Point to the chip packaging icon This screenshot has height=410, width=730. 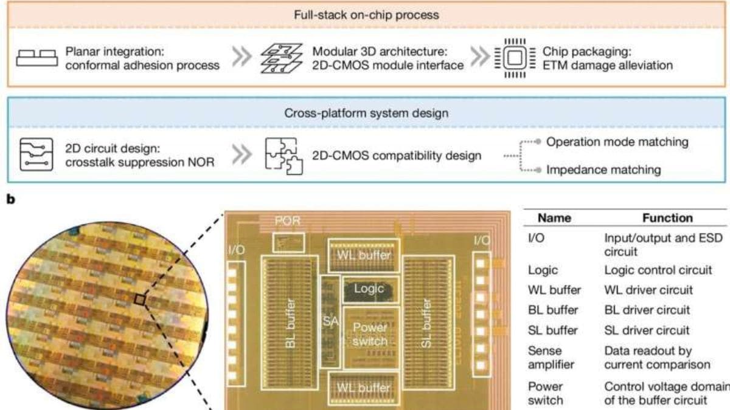[513, 59]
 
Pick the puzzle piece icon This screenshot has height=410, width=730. [281, 156]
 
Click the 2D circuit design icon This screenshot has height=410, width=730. [35, 156]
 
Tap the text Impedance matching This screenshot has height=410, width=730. [603, 169]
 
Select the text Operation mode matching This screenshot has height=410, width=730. [617, 142]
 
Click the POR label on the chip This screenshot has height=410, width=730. [287, 221]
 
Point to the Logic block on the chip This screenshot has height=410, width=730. [369, 288]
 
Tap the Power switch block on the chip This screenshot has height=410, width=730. [370, 334]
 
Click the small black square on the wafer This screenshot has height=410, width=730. [141, 299]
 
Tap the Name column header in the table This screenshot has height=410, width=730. [555, 217]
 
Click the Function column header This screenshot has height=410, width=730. [667, 217]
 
